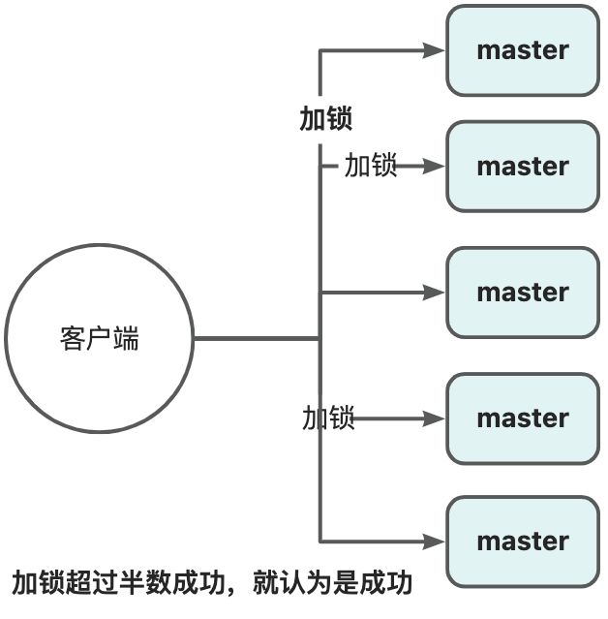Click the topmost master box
(x=522, y=50)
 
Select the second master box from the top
(x=522, y=166)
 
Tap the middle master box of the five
(x=522, y=292)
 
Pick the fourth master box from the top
(x=522, y=418)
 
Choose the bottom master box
(x=522, y=542)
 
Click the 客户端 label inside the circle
(x=99, y=339)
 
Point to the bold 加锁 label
(x=325, y=118)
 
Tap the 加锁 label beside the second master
(x=371, y=166)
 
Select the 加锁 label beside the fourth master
(x=328, y=418)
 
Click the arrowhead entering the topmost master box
(x=434, y=50)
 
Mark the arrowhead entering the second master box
(x=434, y=166)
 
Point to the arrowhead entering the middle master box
(x=434, y=292)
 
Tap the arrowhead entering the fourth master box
(x=434, y=418)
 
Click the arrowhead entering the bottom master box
(x=434, y=542)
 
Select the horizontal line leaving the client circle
(x=257, y=338)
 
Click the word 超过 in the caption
(x=91, y=583)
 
